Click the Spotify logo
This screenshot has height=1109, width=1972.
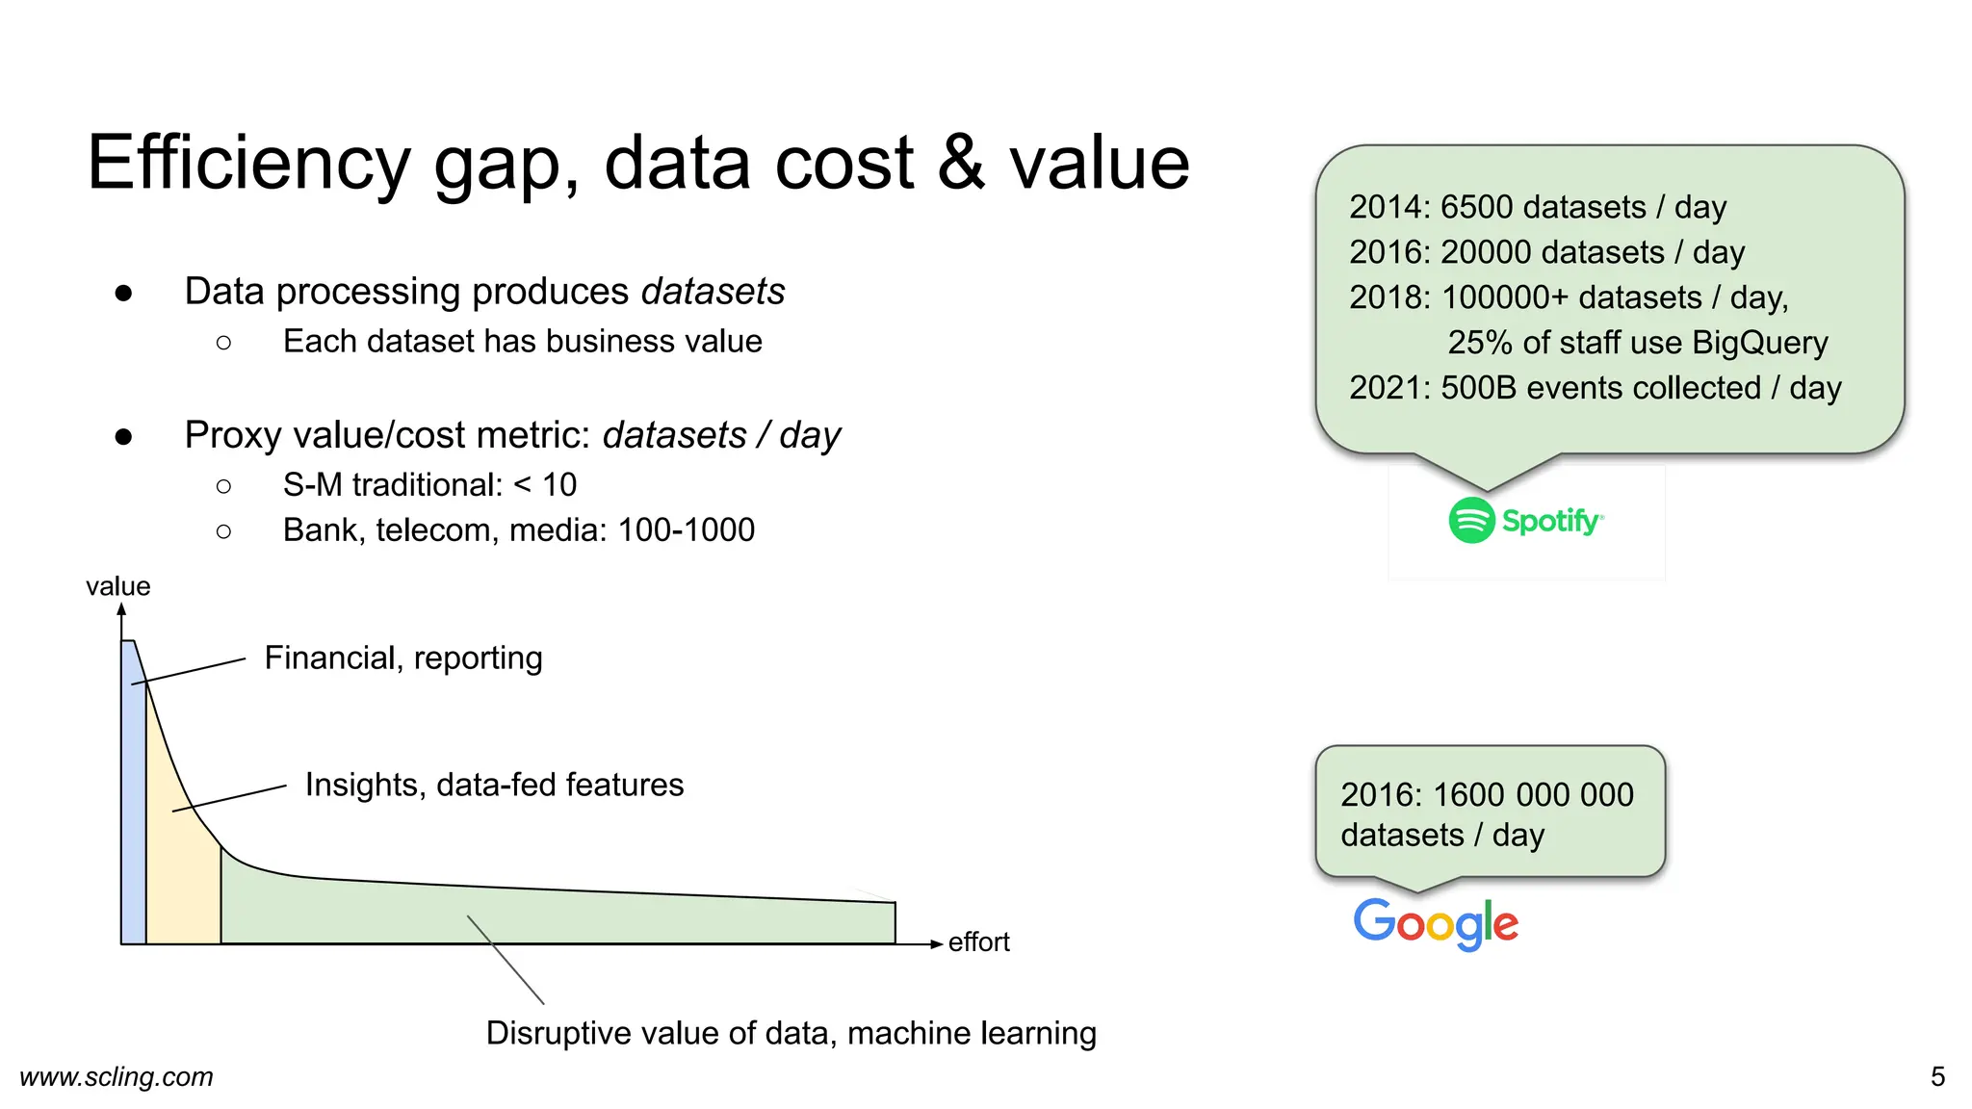click(1525, 521)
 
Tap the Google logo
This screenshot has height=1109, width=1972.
click(1436, 923)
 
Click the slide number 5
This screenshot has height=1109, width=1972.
click(1937, 1076)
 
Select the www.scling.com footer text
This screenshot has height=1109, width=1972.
click(117, 1076)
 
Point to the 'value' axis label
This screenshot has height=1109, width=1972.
click(117, 586)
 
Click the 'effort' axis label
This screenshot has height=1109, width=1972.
click(978, 941)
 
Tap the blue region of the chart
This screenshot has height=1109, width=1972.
click(133, 818)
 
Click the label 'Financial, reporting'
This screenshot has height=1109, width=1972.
click(403, 658)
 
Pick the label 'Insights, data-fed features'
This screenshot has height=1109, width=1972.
click(494, 785)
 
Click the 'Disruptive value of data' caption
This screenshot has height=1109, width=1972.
click(791, 1033)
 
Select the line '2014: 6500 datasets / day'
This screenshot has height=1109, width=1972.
click(1537, 207)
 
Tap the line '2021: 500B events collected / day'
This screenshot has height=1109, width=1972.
click(1595, 388)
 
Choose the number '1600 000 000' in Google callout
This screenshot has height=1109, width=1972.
click(1533, 795)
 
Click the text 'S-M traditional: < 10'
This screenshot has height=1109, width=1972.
click(429, 485)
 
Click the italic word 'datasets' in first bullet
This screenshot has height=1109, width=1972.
click(713, 292)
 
